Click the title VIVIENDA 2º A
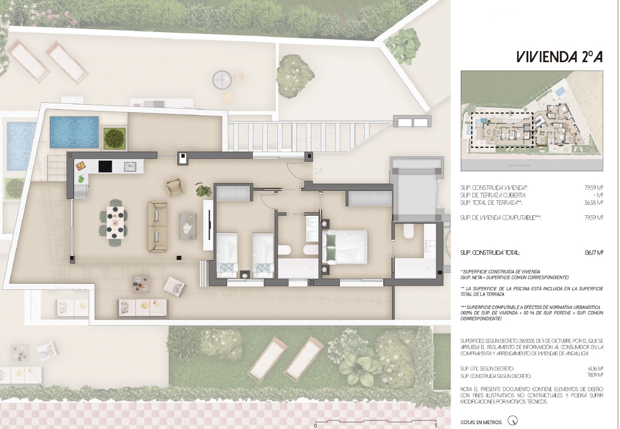tap(559, 57)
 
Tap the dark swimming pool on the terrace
tap(74, 132)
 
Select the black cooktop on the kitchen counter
tap(106, 166)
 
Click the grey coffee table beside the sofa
tap(187, 226)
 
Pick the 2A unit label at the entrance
tap(318, 171)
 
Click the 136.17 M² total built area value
tap(593, 253)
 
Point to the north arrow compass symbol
tap(513, 421)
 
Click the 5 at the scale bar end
tap(436, 425)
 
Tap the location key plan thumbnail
tap(532, 121)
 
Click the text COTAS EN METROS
tap(481, 422)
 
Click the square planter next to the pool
tap(115, 138)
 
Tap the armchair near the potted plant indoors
tap(175, 187)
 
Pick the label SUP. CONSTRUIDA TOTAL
tap(489, 253)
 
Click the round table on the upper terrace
tap(222, 79)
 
